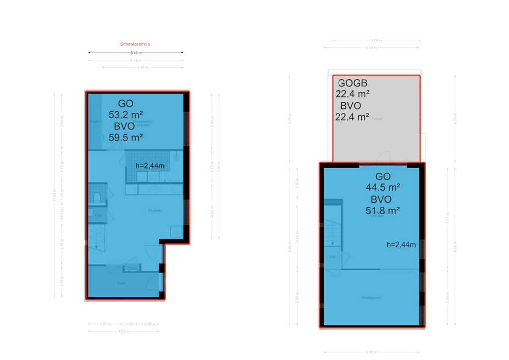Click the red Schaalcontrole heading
[135, 44]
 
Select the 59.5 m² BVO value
[126, 137]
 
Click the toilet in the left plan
[97, 197]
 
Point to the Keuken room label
[154, 210]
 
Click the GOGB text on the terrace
[352, 83]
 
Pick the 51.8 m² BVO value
[383, 211]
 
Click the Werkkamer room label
[371, 297]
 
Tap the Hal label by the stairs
[332, 257]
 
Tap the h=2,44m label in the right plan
[401, 244]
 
